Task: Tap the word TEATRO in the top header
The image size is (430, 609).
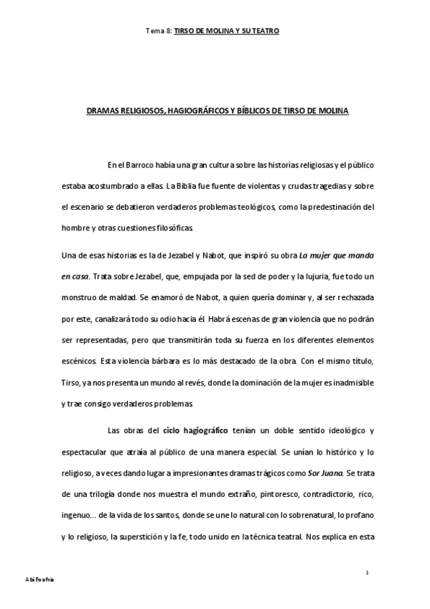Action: (x=265, y=32)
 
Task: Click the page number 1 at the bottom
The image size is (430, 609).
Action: (x=367, y=572)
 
